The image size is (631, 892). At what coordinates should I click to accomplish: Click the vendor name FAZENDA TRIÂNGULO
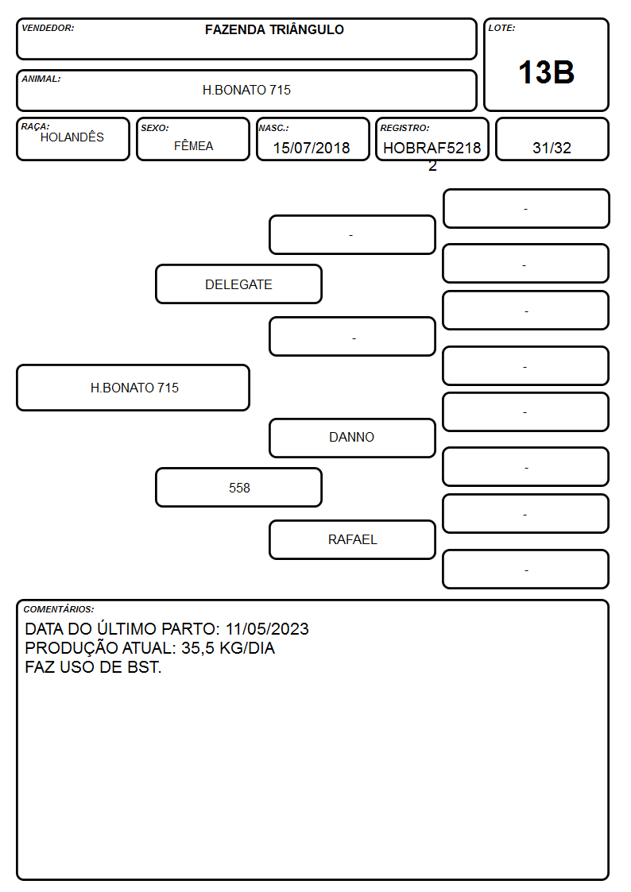[274, 29]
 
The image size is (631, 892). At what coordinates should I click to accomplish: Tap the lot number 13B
[546, 73]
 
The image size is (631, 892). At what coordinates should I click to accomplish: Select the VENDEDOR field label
[48, 28]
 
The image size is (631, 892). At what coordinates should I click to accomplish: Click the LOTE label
[501, 28]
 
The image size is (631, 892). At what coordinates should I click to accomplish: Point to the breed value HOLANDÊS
[72, 137]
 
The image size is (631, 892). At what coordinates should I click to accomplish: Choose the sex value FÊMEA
[193, 146]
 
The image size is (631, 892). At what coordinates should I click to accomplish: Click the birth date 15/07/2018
[312, 148]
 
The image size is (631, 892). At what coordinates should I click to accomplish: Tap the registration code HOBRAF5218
[432, 148]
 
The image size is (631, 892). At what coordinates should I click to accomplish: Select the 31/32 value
[552, 148]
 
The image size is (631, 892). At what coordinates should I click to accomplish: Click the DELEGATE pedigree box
[239, 284]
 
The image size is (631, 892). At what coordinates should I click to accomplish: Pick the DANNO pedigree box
[352, 438]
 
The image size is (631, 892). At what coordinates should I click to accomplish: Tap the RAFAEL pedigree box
[352, 539]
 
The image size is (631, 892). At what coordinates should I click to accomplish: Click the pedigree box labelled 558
[239, 488]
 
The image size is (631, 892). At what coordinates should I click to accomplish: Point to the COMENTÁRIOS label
[59, 609]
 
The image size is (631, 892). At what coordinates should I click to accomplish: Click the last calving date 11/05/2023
[268, 628]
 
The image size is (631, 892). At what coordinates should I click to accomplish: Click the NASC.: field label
[273, 128]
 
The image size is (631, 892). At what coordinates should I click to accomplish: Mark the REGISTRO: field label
[405, 128]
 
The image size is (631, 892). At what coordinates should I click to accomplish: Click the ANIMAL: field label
[41, 79]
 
